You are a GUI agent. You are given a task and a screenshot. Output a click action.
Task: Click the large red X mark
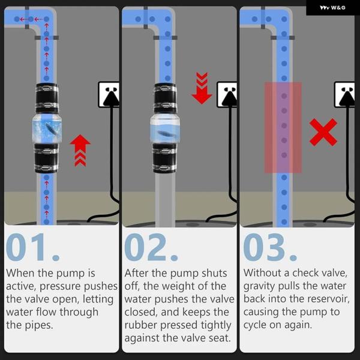click(323, 132)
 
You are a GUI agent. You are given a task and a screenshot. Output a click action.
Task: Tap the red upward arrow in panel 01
click(80, 151)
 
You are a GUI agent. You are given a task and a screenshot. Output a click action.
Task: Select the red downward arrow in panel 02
click(202, 88)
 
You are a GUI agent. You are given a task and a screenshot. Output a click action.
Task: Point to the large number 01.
click(32, 247)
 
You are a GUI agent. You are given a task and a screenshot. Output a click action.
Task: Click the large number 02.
click(151, 247)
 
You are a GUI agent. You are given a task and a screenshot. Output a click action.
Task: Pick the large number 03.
click(270, 247)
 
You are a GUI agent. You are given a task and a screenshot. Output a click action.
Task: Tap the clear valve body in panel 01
click(47, 128)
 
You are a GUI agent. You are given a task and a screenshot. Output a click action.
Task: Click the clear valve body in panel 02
click(165, 128)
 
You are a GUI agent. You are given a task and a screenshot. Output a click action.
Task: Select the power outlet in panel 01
click(109, 95)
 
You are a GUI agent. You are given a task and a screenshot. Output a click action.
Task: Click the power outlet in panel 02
click(227, 95)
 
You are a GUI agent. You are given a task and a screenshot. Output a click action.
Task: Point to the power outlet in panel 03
click(344, 95)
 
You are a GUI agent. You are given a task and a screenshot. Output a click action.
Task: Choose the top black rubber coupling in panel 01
click(47, 98)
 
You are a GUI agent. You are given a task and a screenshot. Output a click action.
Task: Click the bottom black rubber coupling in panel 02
click(164, 158)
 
